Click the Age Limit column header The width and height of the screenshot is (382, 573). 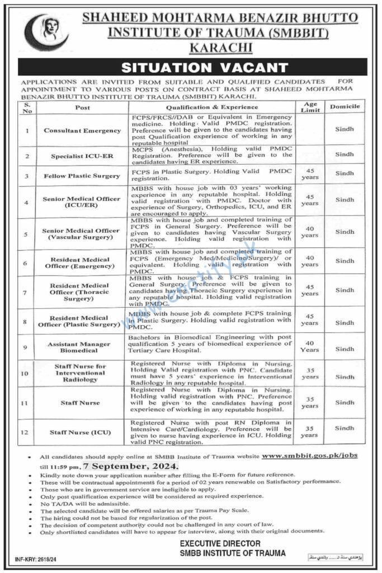coord(310,107)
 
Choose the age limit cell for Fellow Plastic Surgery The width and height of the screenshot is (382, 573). coord(310,175)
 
